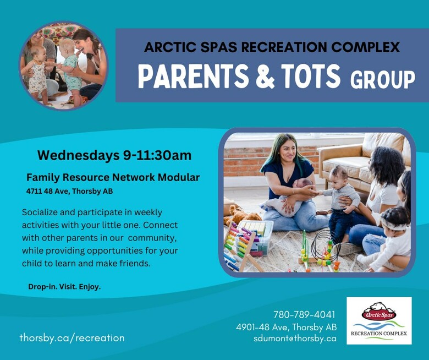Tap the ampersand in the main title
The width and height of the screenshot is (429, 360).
[x=265, y=76]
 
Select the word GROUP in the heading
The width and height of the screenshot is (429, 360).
[x=382, y=79]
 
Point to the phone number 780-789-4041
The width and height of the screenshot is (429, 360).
[x=304, y=314]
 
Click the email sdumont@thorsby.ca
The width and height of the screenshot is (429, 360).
[x=295, y=339]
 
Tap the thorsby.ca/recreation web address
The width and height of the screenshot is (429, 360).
[x=72, y=338]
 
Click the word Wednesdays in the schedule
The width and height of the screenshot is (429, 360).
[x=78, y=155]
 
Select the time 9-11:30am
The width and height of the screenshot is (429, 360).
[x=157, y=155]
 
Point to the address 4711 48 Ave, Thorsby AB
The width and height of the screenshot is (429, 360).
[x=69, y=191]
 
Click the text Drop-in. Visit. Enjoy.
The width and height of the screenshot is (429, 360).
[x=64, y=287]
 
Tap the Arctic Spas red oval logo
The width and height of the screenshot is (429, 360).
[x=379, y=315]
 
